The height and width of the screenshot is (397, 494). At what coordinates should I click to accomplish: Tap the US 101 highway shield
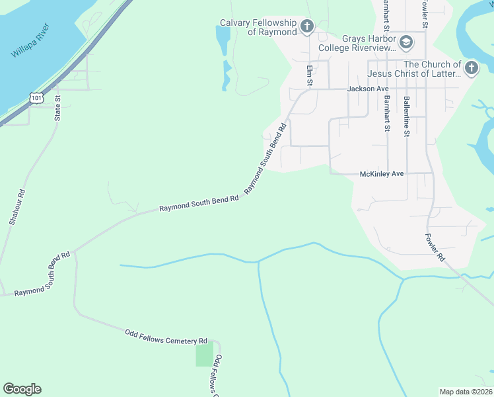(x=36, y=98)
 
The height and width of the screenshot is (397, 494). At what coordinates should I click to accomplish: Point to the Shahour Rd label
(x=17, y=208)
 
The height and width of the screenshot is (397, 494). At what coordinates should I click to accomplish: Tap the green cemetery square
(x=205, y=355)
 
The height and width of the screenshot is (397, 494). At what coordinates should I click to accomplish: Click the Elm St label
(x=308, y=75)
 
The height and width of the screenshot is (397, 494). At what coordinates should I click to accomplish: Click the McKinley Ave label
(x=381, y=173)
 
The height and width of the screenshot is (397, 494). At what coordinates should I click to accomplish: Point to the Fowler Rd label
(x=435, y=246)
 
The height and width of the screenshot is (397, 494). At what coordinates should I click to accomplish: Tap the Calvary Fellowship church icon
(x=306, y=26)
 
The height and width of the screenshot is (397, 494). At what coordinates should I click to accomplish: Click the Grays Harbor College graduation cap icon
(x=406, y=43)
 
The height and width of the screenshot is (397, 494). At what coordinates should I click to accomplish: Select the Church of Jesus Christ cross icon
(x=471, y=67)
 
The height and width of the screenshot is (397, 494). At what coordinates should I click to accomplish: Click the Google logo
(x=22, y=389)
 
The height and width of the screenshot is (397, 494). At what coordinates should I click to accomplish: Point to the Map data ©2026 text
(x=466, y=392)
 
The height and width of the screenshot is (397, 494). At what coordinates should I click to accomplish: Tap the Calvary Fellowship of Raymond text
(x=258, y=26)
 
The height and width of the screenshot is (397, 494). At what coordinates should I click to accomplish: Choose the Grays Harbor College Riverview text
(x=357, y=43)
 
